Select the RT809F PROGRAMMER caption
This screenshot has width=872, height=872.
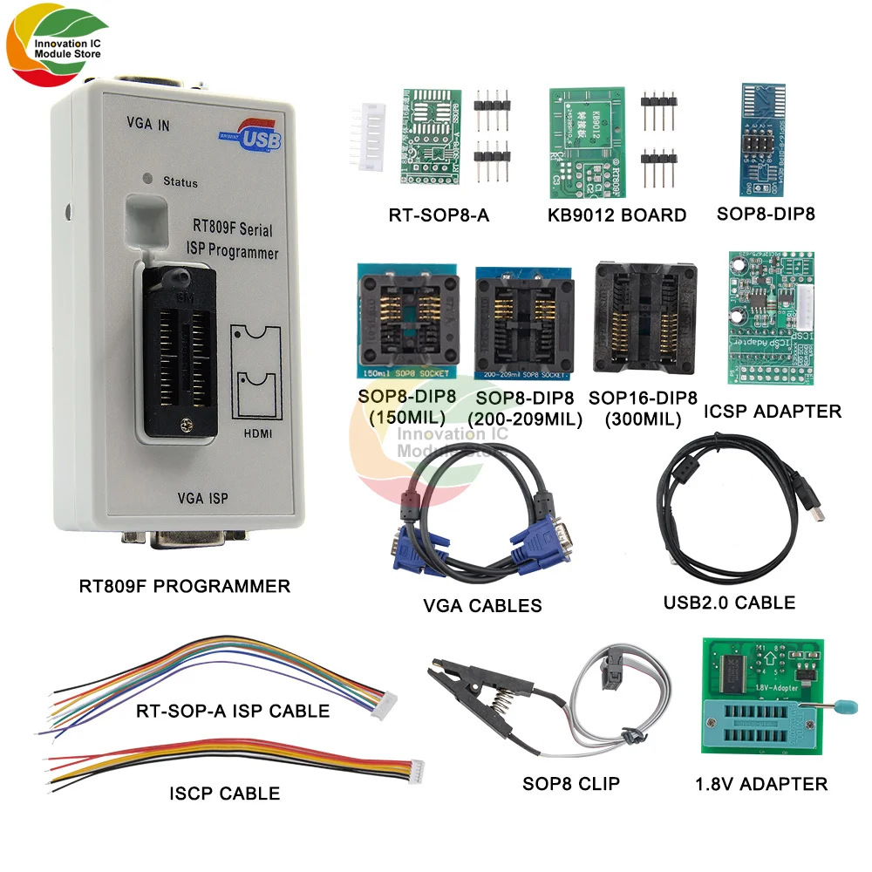tap(185, 586)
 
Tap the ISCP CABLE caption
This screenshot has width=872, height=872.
tap(224, 794)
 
